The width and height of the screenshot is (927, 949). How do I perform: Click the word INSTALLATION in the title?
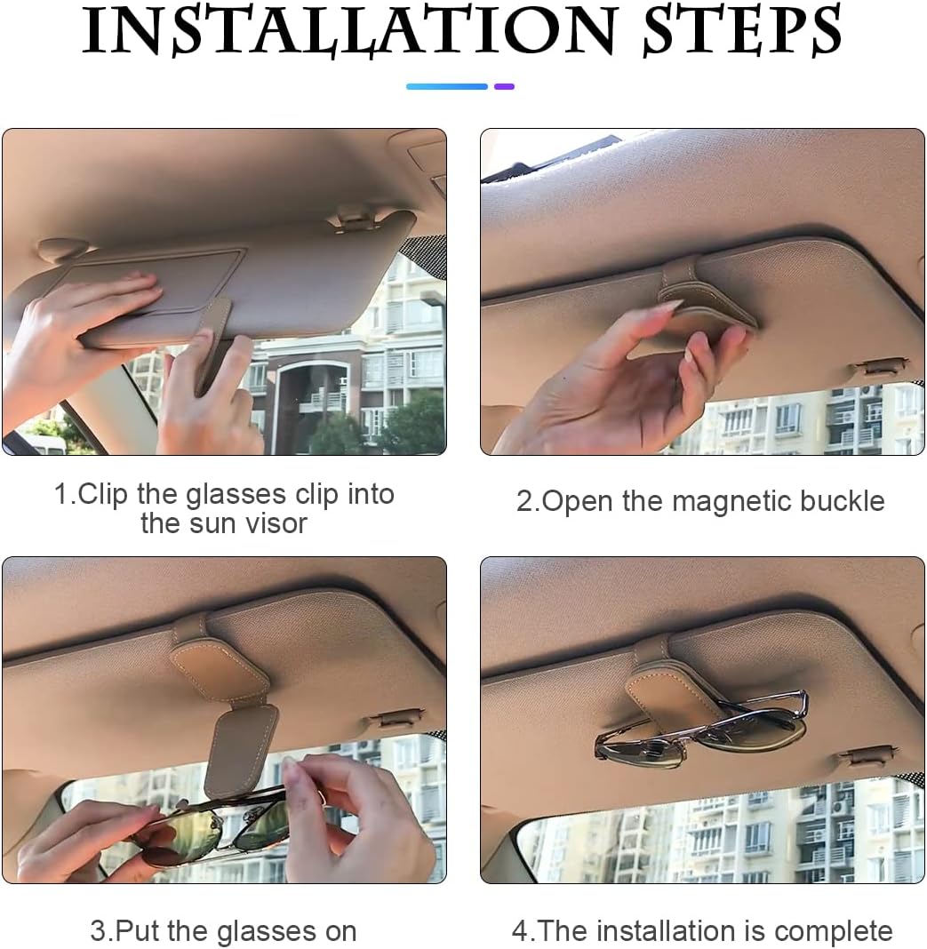[348, 30]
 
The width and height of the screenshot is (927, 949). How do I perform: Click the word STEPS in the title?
[742, 29]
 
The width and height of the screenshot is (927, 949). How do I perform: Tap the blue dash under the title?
[447, 86]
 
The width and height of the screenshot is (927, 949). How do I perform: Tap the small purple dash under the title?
[504, 86]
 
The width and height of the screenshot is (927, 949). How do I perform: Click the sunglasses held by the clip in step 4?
[702, 727]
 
